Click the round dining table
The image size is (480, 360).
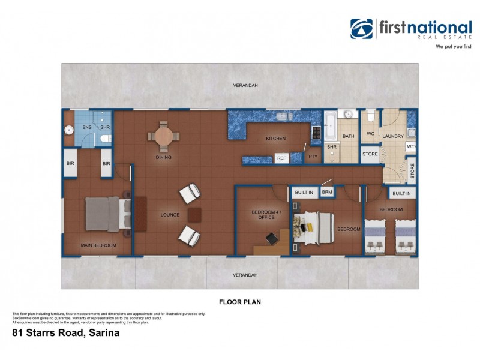(x=163, y=136)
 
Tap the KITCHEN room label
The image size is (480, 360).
(x=275, y=139)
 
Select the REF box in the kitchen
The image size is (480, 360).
(x=281, y=158)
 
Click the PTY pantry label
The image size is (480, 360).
(x=312, y=158)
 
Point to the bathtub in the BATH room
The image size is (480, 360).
(x=331, y=127)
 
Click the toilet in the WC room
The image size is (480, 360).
(x=371, y=115)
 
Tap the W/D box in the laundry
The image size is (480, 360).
(x=411, y=146)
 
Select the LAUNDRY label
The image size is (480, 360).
(x=393, y=136)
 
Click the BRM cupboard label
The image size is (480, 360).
(x=327, y=192)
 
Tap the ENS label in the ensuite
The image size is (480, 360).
(x=86, y=127)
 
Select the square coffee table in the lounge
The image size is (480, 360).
(x=196, y=215)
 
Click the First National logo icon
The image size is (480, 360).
(x=362, y=29)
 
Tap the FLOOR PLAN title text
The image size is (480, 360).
(x=240, y=302)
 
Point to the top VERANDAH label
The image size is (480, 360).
(x=245, y=86)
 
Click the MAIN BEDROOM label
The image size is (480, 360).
(x=98, y=245)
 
